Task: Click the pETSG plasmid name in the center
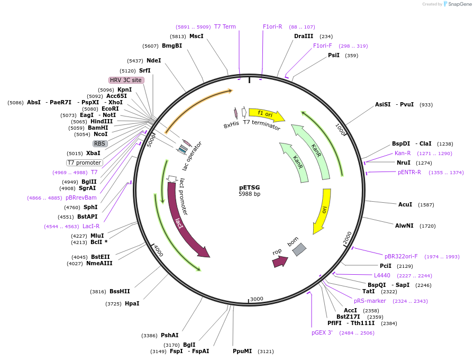[249, 187]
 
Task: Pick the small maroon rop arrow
[280, 261]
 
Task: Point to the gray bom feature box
[299, 249]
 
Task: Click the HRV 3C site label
[126, 80]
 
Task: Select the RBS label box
[99, 143]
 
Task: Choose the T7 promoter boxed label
[84, 163]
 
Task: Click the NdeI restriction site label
[153, 60]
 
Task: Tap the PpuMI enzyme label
[242, 351]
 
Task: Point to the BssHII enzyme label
[120, 291]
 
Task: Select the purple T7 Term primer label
[225, 26]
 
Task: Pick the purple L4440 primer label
[382, 275]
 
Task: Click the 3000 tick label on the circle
[257, 299]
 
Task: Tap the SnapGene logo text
[458, 4]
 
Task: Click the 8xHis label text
[231, 124]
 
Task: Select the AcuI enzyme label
[405, 204]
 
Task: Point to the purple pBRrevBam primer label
[81, 197]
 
